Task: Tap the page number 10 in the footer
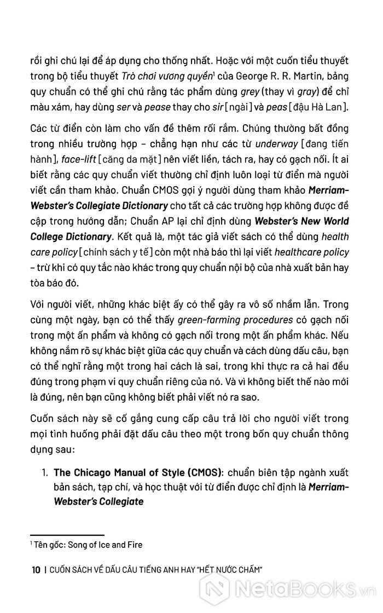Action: click(36, 570)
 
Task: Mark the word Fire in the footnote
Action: click(134, 545)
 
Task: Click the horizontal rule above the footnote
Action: click(67, 535)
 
